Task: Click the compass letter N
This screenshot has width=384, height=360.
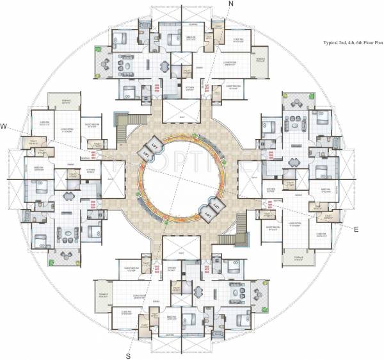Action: [x=232, y=4]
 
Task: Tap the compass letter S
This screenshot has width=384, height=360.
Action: [x=129, y=356]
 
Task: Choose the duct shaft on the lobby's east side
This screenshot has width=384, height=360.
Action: [x=247, y=176]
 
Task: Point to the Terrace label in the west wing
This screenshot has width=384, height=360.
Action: [x=66, y=101]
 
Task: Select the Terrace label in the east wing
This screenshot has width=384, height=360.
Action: [x=298, y=257]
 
